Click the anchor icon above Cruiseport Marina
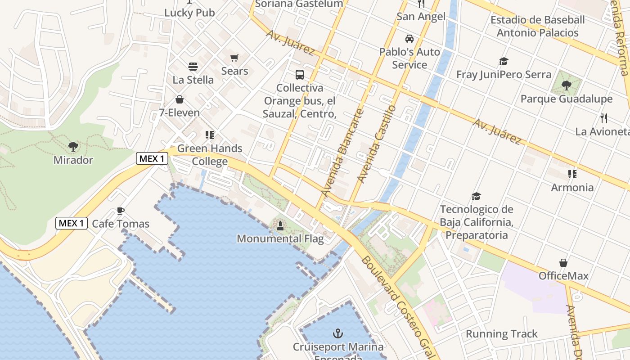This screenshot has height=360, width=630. pos(337,333)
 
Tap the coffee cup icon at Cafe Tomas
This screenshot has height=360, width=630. pos(120,211)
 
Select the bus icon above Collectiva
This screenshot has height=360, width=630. pos(299,75)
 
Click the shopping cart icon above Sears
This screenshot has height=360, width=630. pos(234,58)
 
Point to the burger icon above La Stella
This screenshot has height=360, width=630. pos(193,67)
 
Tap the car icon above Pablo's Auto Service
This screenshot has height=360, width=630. pos(409,39)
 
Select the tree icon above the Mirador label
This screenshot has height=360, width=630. pos(73,147)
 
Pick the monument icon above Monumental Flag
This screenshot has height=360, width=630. pos(280,225)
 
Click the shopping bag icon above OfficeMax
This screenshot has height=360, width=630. pos(563,263)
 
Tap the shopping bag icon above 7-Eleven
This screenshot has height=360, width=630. pos(180,99)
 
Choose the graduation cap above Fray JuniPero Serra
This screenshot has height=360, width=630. pos(504,62)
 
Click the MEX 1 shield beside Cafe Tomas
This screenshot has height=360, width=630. pos(72,223)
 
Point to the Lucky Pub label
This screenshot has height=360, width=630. pos(189,13)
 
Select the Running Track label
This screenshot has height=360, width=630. pos(501,334)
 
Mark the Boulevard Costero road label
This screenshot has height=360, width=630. pos(396,306)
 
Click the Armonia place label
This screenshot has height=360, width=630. pos(572,187)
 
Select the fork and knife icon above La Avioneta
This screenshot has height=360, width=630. pos(603,119)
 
